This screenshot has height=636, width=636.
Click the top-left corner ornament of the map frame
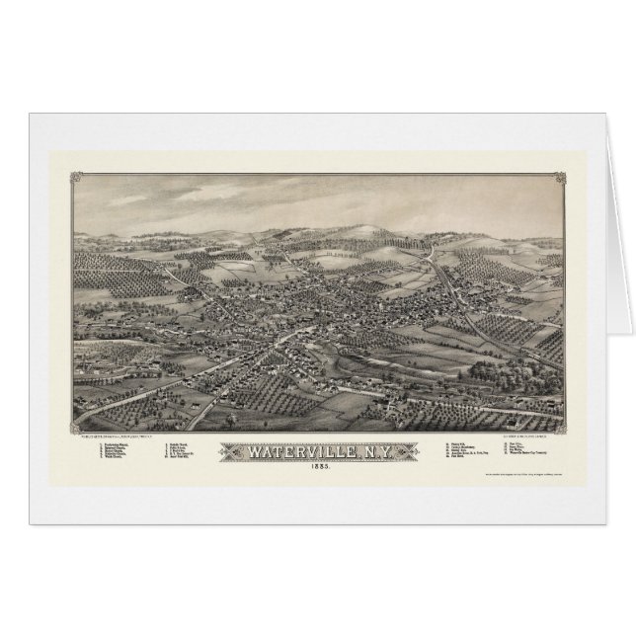coord(77,178)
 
